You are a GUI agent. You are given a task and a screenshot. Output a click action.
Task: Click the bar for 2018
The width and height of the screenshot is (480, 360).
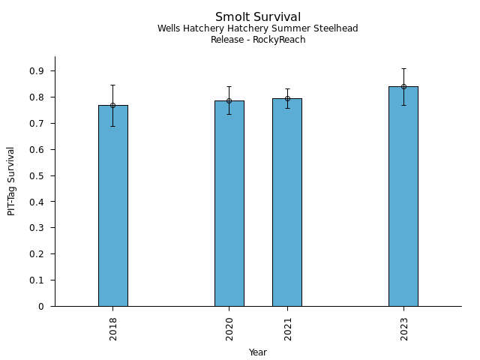[112, 206]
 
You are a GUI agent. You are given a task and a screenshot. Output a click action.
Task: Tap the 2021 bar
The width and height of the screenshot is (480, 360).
[287, 202]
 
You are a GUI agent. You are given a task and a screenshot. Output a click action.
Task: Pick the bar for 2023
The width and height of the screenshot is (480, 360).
[403, 196]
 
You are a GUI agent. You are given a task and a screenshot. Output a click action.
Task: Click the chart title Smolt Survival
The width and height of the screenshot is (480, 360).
[258, 17]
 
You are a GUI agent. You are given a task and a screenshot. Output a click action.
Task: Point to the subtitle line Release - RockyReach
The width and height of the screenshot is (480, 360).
[258, 40]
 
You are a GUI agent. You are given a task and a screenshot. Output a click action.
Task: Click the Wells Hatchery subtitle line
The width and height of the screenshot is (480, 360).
[258, 28]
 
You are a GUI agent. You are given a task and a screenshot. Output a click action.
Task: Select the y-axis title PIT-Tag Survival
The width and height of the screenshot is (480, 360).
[11, 181]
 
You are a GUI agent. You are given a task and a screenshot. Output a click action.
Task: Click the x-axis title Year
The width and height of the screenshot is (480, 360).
[258, 352]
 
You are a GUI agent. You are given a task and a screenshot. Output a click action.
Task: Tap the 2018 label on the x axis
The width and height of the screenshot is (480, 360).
[113, 328]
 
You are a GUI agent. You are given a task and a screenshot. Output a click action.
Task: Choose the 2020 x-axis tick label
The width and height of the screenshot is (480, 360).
[229, 328]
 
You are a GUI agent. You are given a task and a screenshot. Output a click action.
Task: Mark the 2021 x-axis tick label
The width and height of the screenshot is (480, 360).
[288, 328]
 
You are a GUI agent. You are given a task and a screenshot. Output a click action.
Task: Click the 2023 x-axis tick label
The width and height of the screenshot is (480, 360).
[404, 328]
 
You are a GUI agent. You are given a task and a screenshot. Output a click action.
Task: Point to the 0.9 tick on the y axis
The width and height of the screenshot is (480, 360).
[37, 71]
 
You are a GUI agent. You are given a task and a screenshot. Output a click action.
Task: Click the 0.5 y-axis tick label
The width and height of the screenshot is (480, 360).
[37, 175]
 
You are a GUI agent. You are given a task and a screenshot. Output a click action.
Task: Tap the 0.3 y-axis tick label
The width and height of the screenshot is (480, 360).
[37, 228]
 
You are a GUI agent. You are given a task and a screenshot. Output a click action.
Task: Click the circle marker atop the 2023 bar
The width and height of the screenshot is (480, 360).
[403, 86]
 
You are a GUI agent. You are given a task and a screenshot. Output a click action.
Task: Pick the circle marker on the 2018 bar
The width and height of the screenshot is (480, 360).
[112, 105]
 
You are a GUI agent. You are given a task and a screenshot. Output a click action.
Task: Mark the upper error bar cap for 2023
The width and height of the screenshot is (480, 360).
[403, 68]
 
